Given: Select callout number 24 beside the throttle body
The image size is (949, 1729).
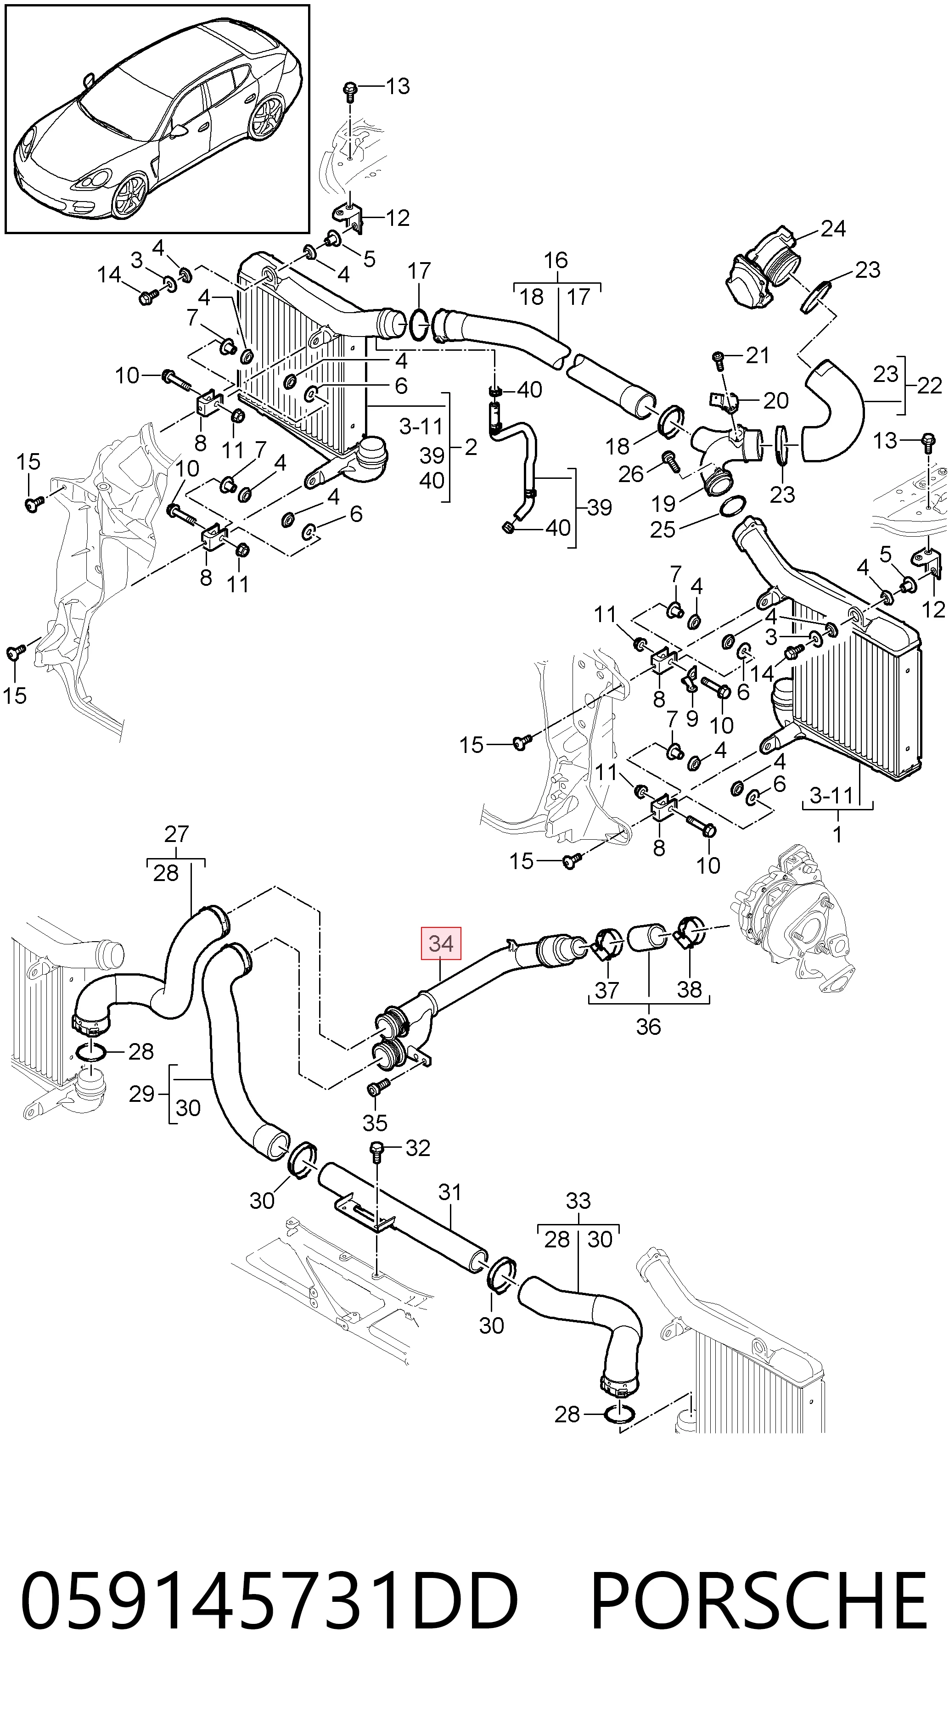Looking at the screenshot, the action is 833,229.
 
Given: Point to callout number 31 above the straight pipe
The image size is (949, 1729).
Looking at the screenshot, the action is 449,1192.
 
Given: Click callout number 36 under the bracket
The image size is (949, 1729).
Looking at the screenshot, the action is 648,1026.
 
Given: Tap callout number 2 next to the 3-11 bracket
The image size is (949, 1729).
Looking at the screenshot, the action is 471,447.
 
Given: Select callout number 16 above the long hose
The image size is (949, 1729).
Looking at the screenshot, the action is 556,260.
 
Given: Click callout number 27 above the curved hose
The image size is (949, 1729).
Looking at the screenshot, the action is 176,834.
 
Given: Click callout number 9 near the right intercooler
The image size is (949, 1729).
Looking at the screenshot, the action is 692,718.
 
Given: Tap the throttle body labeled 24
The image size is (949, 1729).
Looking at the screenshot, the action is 764,272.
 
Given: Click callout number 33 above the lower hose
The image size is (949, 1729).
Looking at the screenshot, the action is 578,1200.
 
